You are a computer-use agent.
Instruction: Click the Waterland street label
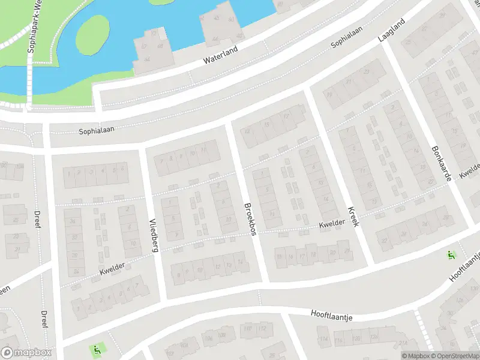click(x=221, y=56)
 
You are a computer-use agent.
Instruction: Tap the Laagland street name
click(x=392, y=29)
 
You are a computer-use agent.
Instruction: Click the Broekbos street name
click(x=250, y=218)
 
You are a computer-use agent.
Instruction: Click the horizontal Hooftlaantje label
click(x=331, y=314)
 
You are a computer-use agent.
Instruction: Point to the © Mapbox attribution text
click(x=415, y=356)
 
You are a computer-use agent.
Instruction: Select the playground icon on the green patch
click(x=96, y=347)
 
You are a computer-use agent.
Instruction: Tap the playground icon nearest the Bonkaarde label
click(x=451, y=254)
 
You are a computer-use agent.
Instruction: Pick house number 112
click(x=262, y=328)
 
